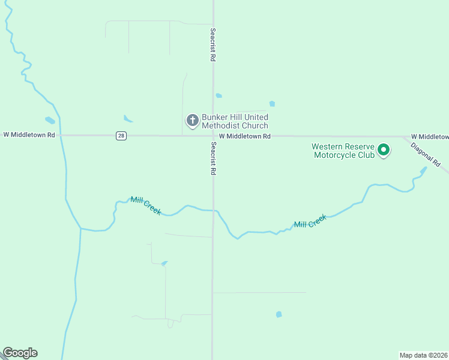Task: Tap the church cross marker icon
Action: point(193,121)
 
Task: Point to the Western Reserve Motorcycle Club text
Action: point(343,151)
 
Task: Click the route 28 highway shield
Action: point(121,136)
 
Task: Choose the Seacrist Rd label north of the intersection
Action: point(212,45)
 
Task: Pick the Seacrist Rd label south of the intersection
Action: point(212,158)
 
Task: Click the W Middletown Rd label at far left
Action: point(29,135)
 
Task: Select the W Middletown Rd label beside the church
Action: point(244,136)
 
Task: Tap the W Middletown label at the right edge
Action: point(430,137)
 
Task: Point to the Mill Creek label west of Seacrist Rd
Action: point(146,205)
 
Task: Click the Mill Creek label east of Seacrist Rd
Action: point(310,221)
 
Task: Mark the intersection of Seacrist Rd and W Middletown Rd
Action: point(212,136)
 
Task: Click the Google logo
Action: point(20,353)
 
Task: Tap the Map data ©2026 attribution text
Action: point(424,355)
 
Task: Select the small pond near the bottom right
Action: point(279,314)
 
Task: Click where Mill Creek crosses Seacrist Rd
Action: point(213,211)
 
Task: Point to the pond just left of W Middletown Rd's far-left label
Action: point(50,121)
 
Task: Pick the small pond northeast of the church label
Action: point(272,104)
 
